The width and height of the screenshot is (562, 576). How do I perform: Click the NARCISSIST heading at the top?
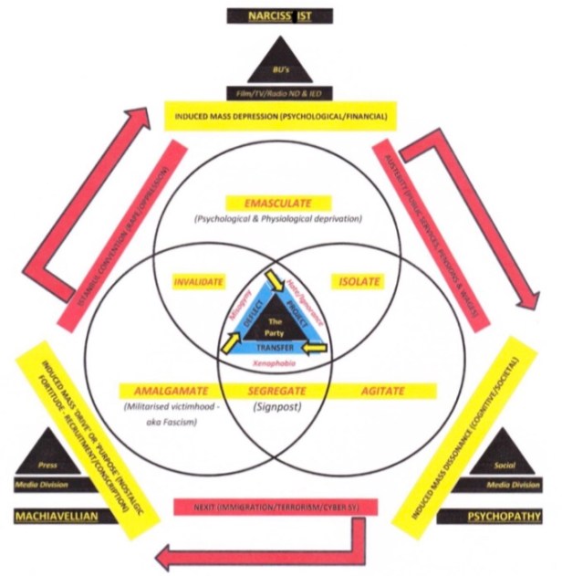point(281,16)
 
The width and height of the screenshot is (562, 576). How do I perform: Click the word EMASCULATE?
point(280,203)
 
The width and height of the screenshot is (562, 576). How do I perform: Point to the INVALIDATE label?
point(198,282)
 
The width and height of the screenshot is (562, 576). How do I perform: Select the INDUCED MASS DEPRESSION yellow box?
point(280,117)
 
